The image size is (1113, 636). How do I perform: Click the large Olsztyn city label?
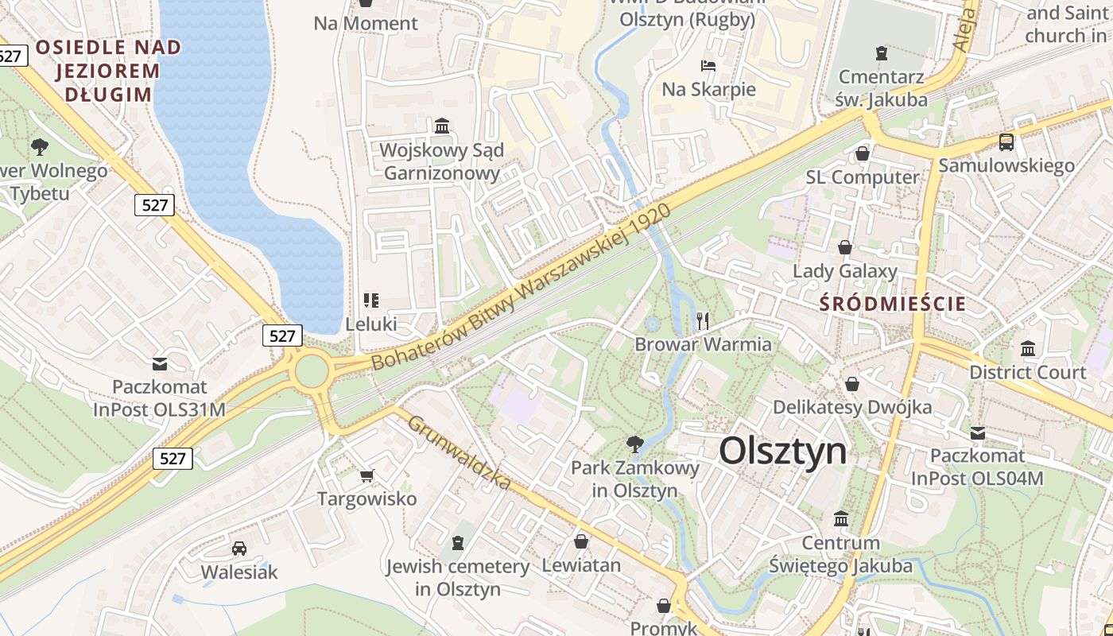(783, 452)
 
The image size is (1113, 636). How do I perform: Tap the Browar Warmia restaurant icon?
(702, 320)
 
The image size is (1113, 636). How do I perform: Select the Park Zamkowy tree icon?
(634, 444)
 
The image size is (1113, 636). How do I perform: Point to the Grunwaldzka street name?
(459, 451)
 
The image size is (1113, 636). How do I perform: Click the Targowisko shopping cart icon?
(366, 475)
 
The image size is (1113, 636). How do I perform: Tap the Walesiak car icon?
(238, 549)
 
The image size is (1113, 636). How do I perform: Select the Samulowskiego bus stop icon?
(1006, 142)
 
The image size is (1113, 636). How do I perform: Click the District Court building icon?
(1027, 348)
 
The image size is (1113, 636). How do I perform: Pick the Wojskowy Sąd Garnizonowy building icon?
(441, 126)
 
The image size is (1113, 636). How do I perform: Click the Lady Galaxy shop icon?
(844, 247)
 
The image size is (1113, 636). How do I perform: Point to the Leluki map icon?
(370, 300)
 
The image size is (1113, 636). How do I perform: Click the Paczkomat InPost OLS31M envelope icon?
(160, 363)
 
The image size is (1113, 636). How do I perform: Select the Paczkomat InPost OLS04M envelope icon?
(977, 432)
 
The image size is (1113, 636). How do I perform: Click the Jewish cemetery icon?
(457, 543)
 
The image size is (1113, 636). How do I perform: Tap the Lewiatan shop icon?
(581, 541)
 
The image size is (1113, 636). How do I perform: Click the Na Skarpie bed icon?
(708, 65)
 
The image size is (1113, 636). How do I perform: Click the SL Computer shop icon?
(862, 153)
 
